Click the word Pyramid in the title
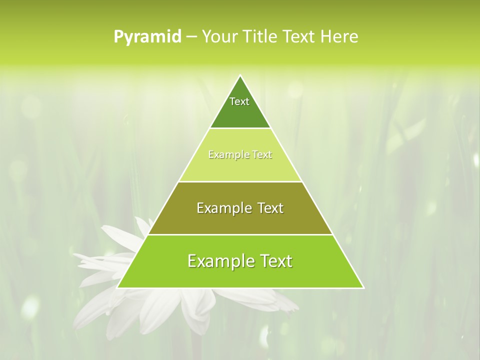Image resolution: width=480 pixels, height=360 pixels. pos(147,37)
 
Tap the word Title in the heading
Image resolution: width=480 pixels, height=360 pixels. pos(259,37)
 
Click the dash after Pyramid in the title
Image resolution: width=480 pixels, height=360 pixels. pos(191,37)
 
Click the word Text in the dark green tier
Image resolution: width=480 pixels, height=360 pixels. pos(239,101)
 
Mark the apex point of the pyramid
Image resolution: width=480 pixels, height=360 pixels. pos(240,75)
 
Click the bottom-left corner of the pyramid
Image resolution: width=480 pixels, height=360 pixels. pos(117,288)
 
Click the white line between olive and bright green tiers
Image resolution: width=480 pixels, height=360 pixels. pos(240,234)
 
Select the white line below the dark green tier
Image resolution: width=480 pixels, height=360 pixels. pos(240,128)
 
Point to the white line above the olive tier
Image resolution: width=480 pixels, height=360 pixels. pos(240,181)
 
